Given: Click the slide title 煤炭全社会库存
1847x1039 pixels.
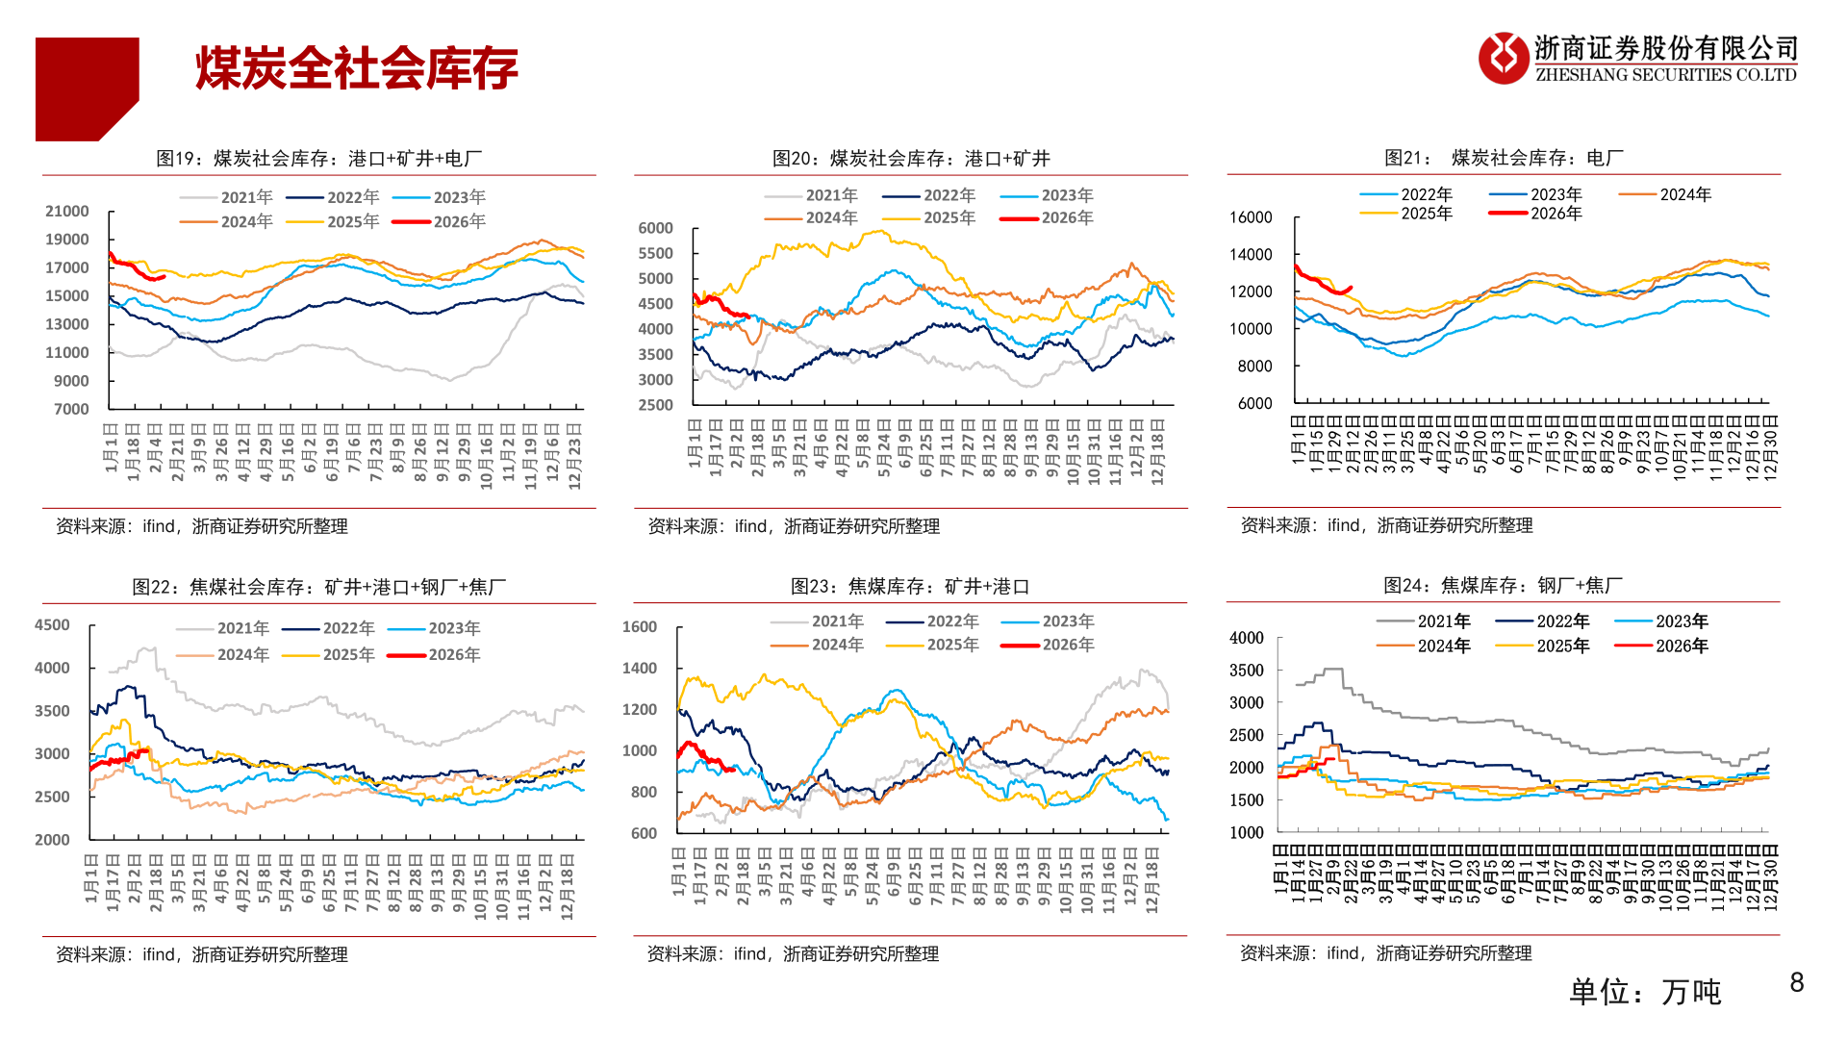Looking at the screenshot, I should point(357,69).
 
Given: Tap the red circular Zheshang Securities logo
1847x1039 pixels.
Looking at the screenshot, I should point(1503,58).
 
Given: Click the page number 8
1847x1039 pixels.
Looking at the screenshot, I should point(1796,982).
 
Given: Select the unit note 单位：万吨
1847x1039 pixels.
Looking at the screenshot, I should point(1645,992).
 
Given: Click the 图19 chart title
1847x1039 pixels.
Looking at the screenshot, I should point(318,159).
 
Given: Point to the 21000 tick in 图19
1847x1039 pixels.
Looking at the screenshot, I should point(67,212).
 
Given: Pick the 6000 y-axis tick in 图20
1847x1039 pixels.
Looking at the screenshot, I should point(655,228).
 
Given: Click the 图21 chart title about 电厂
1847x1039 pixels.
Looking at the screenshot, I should point(1503,158).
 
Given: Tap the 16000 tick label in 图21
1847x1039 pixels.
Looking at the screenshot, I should point(1251,217).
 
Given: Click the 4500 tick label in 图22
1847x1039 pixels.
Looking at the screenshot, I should point(52,625).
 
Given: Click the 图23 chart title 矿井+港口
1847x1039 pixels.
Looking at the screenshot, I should point(909,587).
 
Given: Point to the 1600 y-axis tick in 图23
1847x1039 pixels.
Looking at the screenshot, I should point(639,627).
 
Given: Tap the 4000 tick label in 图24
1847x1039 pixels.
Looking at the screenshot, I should point(1246,638).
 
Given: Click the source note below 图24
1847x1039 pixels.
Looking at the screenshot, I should point(1385,953).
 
